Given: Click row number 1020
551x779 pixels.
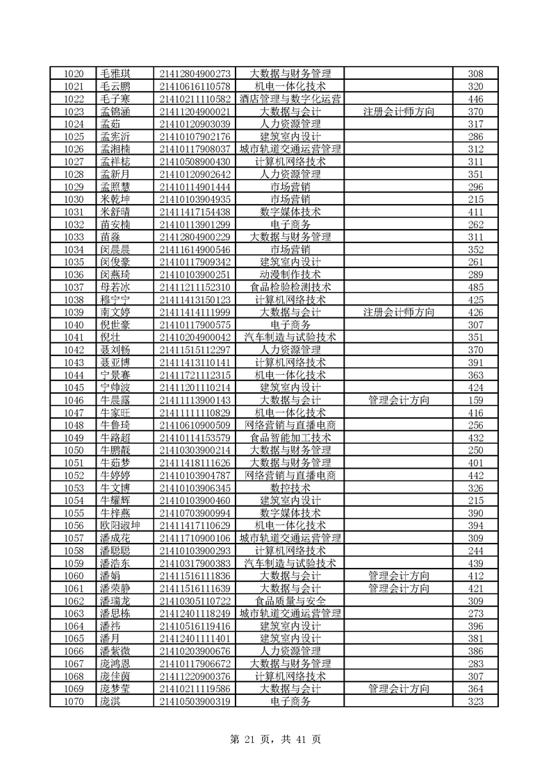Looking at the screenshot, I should click(x=73, y=74).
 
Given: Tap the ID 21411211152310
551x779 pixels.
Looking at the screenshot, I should click(x=195, y=287).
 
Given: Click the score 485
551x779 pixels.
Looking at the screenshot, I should click(x=475, y=287).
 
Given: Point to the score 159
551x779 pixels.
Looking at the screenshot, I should click(x=475, y=401).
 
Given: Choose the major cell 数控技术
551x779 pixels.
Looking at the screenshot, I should click(x=290, y=488).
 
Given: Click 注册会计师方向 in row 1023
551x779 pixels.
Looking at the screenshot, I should click(x=398, y=112).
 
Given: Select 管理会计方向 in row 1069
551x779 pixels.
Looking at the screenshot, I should click(x=398, y=689).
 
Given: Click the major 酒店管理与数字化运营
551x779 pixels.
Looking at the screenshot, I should click(x=290, y=99).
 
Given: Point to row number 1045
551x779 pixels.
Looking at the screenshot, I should click(x=73, y=387).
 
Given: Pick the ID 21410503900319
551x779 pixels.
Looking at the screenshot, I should click(x=195, y=701).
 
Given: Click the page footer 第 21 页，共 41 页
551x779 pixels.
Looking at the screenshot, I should click(x=275, y=739).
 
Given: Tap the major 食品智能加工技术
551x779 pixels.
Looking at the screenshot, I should click(x=290, y=438).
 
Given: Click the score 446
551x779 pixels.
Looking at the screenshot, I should click(x=475, y=99).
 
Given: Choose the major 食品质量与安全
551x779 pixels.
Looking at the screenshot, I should click(x=290, y=601).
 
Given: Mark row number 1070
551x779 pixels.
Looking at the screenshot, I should click(x=73, y=701).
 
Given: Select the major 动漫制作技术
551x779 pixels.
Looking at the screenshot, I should click(x=290, y=275).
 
